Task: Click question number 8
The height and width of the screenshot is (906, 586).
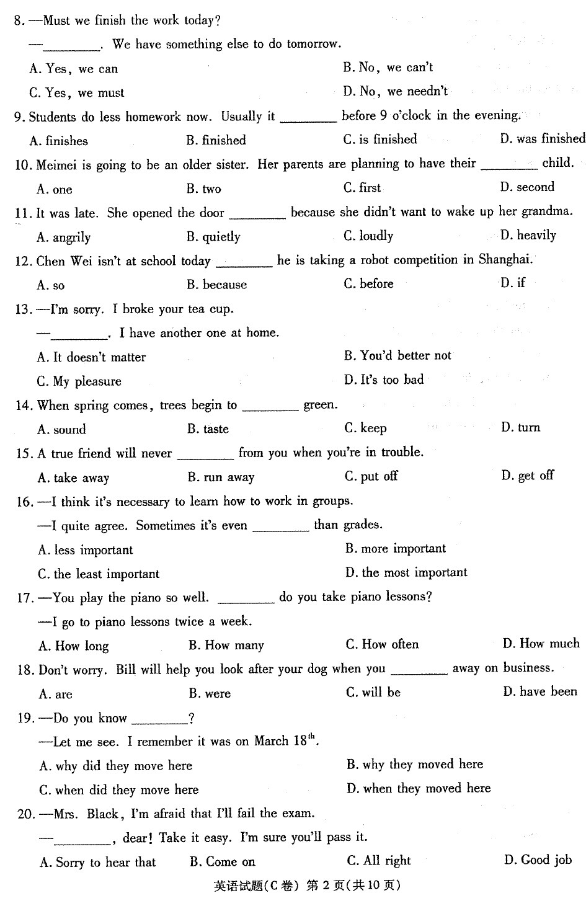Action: [x=19, y=21]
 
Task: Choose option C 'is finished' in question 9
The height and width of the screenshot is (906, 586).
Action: [x=380, y=140]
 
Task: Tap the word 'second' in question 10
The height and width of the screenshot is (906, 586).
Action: [x=535, y=187]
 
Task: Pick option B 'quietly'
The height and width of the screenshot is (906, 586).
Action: [x=213, y=237]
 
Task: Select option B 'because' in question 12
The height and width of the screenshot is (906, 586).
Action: [x=217, y=285]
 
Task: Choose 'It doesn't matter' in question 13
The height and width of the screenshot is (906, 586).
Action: [x=91, y=357]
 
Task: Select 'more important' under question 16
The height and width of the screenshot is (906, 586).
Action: [x=396, y=549]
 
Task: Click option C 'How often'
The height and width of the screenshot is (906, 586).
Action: [x=382, y=645]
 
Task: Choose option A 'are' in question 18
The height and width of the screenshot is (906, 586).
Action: [x=56, y=694]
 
